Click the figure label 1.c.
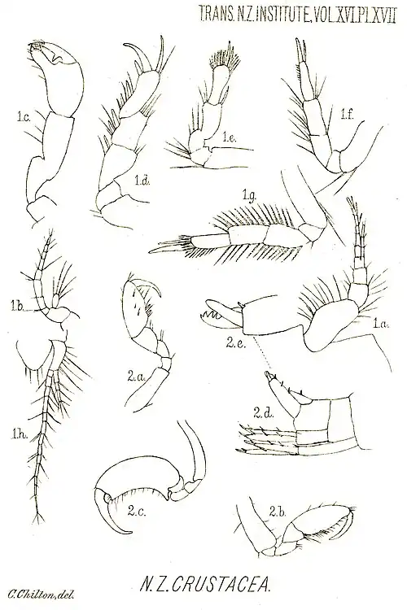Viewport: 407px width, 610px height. [x=18, y=116]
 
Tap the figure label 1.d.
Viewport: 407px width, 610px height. [x=142, y=180]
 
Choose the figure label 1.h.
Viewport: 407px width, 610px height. [x=18, y=433]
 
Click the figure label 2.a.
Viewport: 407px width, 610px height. [x=135, y=377]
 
